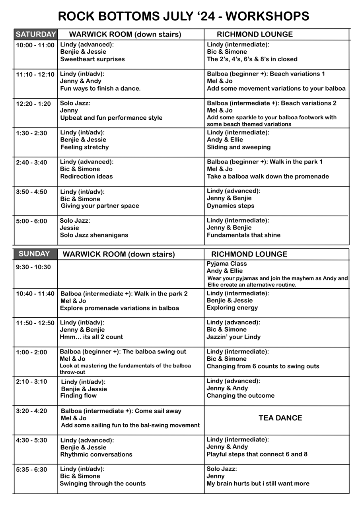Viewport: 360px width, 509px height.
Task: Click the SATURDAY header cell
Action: click(x=35, y=34)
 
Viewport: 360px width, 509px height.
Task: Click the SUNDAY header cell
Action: click(x=34, y=254)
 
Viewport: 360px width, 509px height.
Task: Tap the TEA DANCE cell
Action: click(x=280, y=418)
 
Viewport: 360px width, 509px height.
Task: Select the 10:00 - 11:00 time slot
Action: click(x=35, y=45)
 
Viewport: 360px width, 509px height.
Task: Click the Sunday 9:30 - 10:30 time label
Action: click(x=33, y=267)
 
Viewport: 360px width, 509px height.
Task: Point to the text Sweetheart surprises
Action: click(x=92, y=59)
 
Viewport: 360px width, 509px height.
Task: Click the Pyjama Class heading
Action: click(x=227, y=264)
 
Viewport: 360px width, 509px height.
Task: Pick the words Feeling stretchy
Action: click(x=85, y=147)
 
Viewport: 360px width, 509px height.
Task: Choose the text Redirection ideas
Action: click(x=86, y=177)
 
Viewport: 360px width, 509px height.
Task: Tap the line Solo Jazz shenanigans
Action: click(x=94, y=235)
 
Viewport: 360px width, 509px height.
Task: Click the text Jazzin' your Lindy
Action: click(x=234, y=337)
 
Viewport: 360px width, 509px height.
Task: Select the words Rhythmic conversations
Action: click(x=96, y=455)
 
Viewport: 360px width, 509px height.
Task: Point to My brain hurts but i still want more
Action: click(x=258, y=484)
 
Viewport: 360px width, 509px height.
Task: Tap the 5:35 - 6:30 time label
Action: click(x=31, y=470)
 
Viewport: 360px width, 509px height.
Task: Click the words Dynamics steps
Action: click(x=230, y=206)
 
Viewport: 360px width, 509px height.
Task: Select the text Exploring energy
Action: click(x=232, y=308)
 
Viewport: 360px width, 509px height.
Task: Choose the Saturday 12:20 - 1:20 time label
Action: click(x=33, y=104)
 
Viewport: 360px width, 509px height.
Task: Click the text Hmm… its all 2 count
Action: click(x=91, y=337)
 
